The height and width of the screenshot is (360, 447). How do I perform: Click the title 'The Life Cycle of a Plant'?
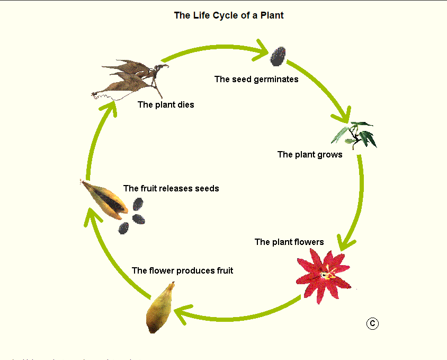[228, 15]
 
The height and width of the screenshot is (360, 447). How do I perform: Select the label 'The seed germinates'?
[256, 80]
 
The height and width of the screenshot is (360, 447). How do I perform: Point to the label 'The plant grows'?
[310, 155]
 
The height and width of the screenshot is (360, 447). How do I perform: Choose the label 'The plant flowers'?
[289, 242]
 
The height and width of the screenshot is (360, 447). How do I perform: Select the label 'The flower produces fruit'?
[182, 271]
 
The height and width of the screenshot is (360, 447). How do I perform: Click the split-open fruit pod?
[106, 199]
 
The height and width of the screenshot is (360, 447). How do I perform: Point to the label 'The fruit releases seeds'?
[171, 188]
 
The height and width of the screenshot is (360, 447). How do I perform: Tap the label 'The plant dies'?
[166, 105]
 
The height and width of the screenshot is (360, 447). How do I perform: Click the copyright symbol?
[372, 323]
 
